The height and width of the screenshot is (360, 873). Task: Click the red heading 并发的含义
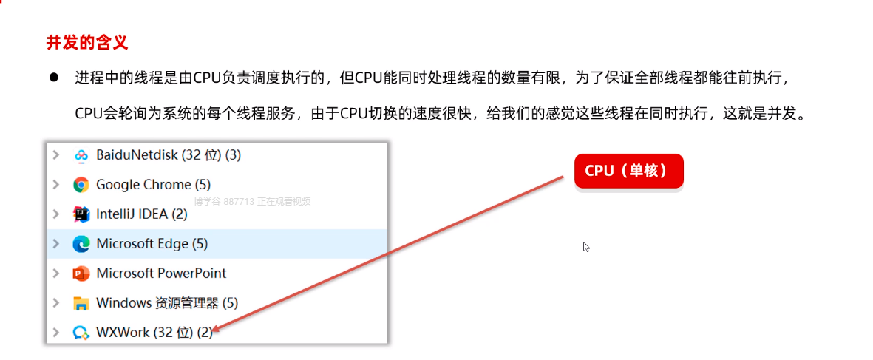pos(87,43)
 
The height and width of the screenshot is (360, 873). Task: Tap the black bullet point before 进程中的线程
pos(54,78)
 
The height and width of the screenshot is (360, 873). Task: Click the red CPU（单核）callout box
pos(628,171)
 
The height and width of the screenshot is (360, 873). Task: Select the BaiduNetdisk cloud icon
pos(81,155)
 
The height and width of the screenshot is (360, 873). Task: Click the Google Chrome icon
pos(81,185)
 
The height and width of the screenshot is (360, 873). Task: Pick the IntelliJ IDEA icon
pos(81,214)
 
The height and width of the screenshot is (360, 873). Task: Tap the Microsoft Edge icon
pos(81,244)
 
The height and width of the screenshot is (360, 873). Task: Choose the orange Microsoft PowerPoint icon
pos(81,274)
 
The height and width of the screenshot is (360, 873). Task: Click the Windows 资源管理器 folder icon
pos(81,303)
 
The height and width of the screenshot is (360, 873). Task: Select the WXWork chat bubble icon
pos(81,333)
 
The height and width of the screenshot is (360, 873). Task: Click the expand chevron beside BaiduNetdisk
pos(56,155)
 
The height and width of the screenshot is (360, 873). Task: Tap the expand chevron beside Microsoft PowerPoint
pos(56,274)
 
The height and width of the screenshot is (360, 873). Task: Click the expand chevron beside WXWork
pos(56,333)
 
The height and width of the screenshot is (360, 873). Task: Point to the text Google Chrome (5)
pos(153,185)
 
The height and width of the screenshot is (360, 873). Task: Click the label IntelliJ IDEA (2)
pos(142,214)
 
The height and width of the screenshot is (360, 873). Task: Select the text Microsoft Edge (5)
pos(152,244)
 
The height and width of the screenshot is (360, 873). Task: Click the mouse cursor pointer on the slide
pos(586,247)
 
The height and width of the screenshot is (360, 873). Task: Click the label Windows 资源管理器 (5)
pos(167,303)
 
